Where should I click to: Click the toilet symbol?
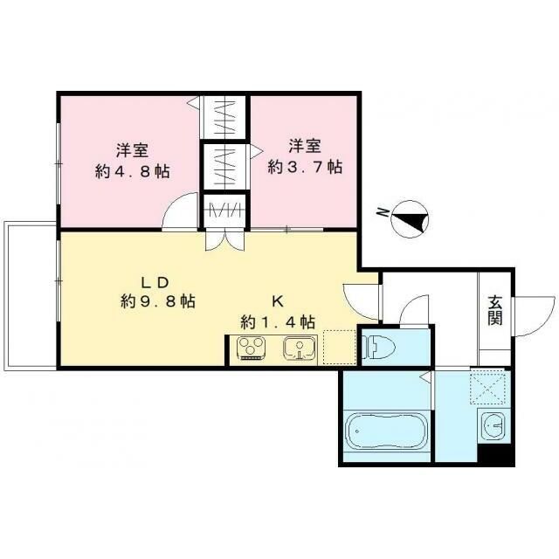(378, 348)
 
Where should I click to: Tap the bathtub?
(387, 432)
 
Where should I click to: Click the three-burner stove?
(252, 348)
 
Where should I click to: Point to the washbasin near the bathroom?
(493, 425)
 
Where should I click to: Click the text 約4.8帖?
(132, 172)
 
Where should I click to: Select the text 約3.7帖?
(305, 167)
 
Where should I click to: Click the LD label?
(155, 283)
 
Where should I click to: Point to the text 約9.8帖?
(157, 302)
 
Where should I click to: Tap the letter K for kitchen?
(278, 302)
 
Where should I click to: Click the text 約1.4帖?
(278, 322)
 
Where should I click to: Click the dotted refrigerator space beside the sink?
(340, 347)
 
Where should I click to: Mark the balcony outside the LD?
(30, 296)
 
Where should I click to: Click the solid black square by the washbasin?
(495, 454)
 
